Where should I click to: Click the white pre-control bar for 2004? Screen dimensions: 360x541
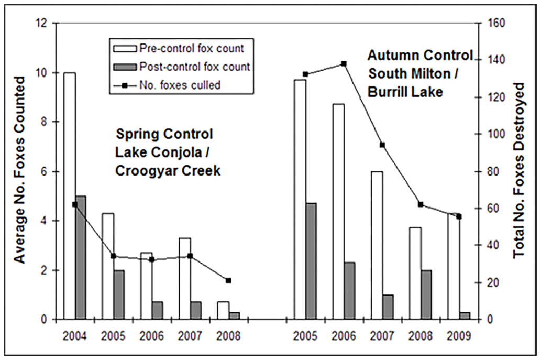click(x=69, y=196)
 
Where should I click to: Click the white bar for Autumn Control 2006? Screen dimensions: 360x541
click(x=338, y=212)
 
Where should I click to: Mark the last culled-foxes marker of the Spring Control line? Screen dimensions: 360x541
click(x=228, y=280)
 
